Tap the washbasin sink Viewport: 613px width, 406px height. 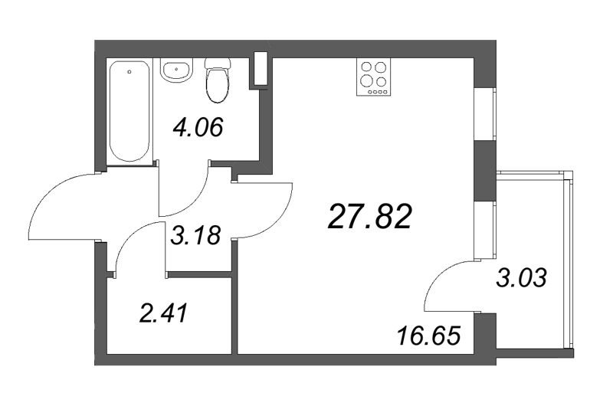[178, 71]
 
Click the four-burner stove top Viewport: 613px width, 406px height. [373, 77]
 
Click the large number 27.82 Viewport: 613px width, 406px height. [370, 218]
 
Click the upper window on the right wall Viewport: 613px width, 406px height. [484, 115]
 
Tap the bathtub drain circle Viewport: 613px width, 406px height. [130, 74]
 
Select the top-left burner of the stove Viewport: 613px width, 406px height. [366, 67]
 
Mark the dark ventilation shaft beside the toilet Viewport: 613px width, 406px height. [261, 69]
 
